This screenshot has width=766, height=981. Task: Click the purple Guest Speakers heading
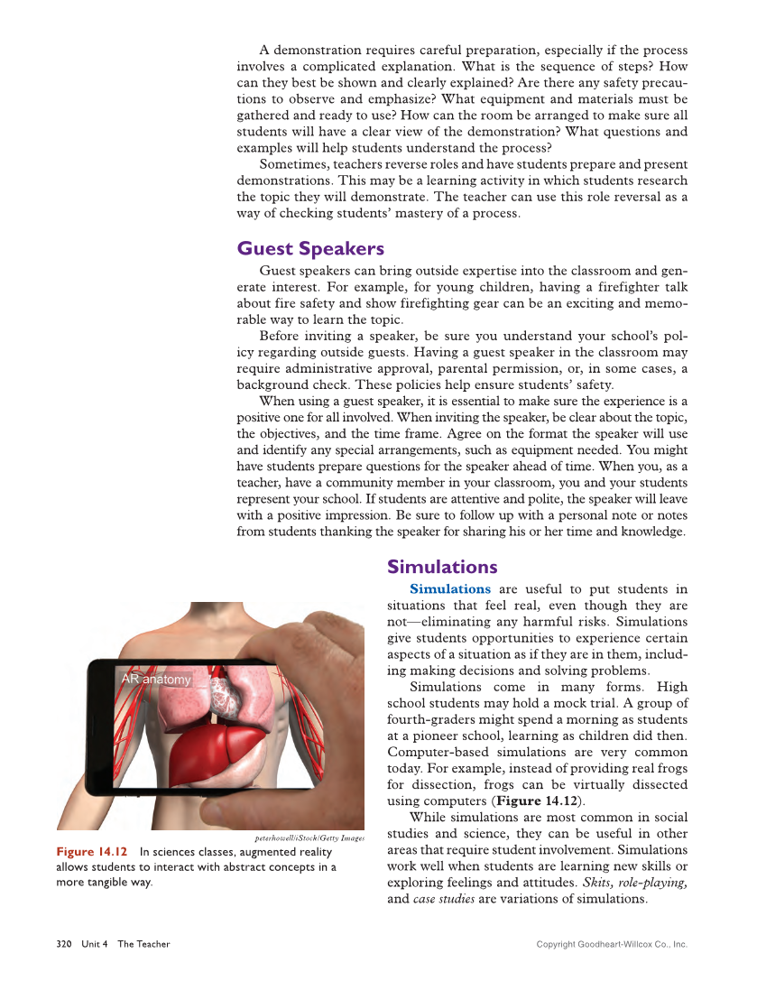click(x=309, y=249)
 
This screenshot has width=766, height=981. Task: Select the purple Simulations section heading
click(x=442, y=567)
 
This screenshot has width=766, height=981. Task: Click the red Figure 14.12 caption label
click(x=92, y=852)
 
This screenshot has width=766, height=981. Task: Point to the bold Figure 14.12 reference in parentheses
click(x=534, y=801)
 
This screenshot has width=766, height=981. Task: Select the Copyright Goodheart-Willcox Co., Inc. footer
click(x=612, y=945)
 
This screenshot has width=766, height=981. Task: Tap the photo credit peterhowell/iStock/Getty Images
click(x=309, y=838)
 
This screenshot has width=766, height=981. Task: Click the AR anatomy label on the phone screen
click(x=155, y=680)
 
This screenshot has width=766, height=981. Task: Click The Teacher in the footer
click(x=143, y=944)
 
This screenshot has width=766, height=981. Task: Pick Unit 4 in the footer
click(x=94, y=944)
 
